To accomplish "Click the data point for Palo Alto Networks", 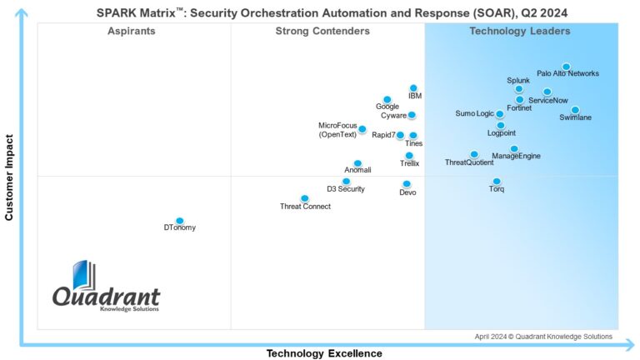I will (x=566, y=67).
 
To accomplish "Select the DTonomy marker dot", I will (x=179, y=221).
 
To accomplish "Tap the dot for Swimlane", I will (x=575, y=110).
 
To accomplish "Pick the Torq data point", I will (x=497, y=181).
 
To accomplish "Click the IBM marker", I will (x=413, y=87).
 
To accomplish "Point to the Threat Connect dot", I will (x=305, y=198).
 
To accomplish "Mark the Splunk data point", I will (x=518, y=88).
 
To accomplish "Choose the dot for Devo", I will (x=407, y=184).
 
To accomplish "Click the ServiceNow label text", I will (x=548, y=101).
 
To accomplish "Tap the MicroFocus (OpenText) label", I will (x=337, y=129).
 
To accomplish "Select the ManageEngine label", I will (x=516, y=156).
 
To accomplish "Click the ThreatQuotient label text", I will (x=469, y=162).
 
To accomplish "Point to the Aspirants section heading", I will (x=132, y=32).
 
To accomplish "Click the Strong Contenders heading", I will (x=322, y=32).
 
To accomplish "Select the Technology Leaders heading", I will (x=520, y=32).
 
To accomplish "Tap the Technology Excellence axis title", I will (x=324, y=353).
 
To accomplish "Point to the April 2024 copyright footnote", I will (x=543, y=337).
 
